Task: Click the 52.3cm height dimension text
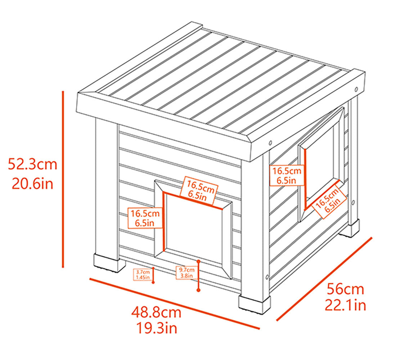click(x=33, y=165)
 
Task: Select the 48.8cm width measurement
click(x=156, y=312)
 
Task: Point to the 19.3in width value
click(x=156, y=328)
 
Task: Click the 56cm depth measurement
click(x=345, y=289)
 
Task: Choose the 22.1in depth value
click(x=345, y=305)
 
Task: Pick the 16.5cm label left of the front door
click(x=145, y=218)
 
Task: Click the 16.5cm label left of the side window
click(x=286, y=175)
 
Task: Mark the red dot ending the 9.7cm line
click(x=198, y=289)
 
